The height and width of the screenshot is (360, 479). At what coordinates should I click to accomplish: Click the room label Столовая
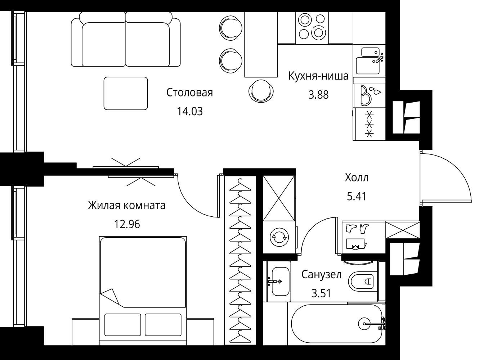click(x=189, y=93)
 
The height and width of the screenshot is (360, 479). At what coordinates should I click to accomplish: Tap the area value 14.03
click(x=190, y=112)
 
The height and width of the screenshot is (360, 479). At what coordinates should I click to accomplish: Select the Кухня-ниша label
click(x=318, y=76)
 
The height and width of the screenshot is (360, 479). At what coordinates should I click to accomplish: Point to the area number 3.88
click(x=318, y=95)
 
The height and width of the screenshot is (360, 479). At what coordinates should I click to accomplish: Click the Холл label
click(x=357, y=177)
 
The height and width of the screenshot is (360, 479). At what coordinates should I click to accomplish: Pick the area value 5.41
click(x=357, y=197)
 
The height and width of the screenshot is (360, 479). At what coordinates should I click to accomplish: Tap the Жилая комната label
click(x=127, y=206)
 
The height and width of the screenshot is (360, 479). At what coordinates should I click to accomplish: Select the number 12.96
click(x=127, y=224)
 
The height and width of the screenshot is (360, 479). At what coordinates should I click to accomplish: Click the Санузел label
click(x=322, y=275)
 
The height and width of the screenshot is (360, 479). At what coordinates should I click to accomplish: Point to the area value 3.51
click(x=321, y=293)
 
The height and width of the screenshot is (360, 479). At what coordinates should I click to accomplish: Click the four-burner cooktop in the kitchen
click(x=312, y=28)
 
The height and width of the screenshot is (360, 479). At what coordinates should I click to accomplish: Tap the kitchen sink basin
click(x=368, y=66)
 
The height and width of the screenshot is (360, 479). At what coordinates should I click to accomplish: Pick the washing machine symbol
click(x=279, y=237)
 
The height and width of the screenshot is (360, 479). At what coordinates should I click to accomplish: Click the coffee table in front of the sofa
click(x=126, y=93)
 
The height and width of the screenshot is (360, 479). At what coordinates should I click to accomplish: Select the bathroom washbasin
click(x=281, y=281)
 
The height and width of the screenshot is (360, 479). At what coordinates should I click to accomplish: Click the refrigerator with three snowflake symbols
click(x=369, y=124)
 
